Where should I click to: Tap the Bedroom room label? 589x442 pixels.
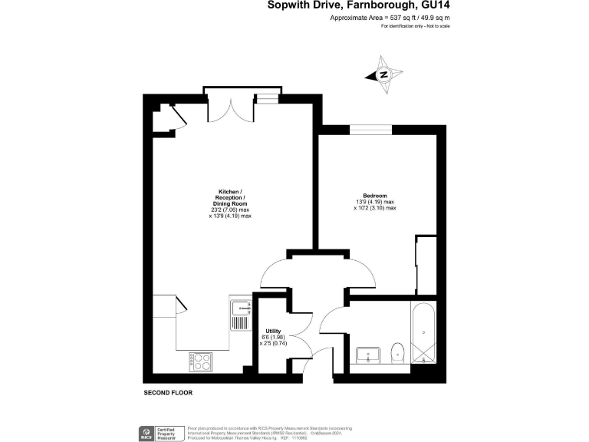click(375, 195)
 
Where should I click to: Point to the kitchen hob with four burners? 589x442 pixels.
click(201, 361)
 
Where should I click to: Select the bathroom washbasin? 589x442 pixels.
click(368, 355)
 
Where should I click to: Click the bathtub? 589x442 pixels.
click(423, 335)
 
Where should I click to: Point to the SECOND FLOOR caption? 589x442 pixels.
click(168, 393)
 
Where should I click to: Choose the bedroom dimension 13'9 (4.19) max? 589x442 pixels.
click(375, 202)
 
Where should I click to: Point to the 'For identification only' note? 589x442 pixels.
click(415, 27)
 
